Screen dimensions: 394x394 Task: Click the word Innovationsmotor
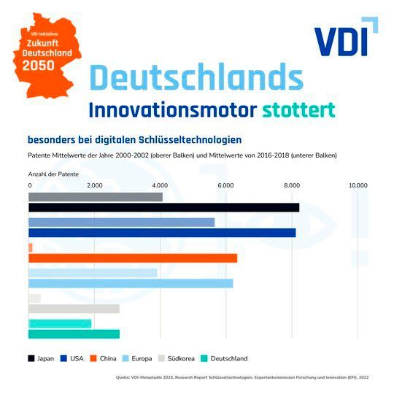tap(171, 110)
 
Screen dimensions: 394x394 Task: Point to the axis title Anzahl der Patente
tap(53, 175)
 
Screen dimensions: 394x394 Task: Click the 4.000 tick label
tap(160, 185)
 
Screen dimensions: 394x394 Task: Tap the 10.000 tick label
tap(358, 185)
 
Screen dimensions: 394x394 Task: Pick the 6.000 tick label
tap(225, 185)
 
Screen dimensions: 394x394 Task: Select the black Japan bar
tap(163, 207)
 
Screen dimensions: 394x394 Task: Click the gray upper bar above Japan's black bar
tap(95, 197)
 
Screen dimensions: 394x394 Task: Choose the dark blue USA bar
tap(162, 233)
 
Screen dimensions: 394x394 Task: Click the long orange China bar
tap(132, 258)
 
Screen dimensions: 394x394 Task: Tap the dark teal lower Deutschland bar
tap(73, 334)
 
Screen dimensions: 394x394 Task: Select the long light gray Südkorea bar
tap(73, 309)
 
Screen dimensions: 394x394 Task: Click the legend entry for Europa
tap(138, 358)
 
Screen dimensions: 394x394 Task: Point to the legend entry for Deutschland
tap(223, 358)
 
